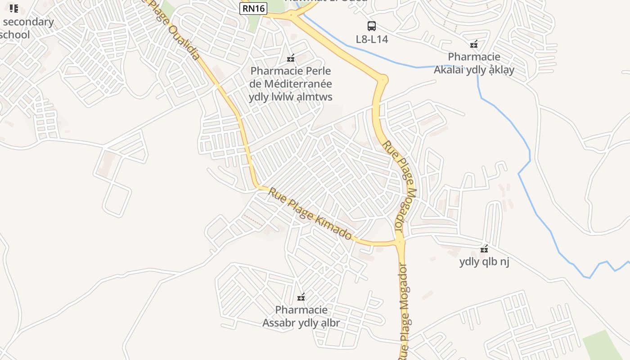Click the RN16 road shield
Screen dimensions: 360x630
(253, 8)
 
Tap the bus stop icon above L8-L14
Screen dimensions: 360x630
(371, 26)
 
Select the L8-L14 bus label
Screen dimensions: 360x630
(372, 39)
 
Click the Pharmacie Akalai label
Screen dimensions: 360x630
(474, 63)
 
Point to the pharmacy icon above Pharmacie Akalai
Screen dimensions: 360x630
(473, 44)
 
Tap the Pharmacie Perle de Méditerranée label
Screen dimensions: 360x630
(291, 84)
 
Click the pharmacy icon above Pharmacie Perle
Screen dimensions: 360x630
(291, 58)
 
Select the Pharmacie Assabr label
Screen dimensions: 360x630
(301, 316)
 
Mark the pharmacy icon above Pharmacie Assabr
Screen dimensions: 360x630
(301, 297)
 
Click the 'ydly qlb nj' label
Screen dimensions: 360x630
(484, 261)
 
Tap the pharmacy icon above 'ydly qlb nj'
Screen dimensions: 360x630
(484, 249)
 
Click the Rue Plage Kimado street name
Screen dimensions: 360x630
(310, 214)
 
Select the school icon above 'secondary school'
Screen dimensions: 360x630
(14, 9)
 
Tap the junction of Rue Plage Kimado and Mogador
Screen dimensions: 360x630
(400, 242)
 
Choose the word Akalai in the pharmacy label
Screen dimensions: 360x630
(452, 70)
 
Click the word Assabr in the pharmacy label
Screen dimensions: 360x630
(279, 323)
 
